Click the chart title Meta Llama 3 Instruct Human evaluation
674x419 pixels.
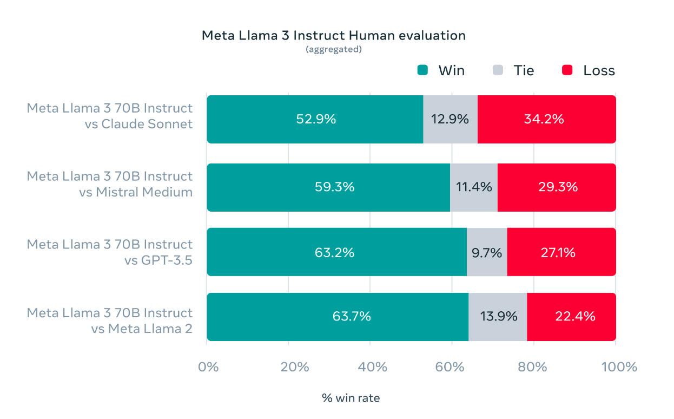pos(334,36)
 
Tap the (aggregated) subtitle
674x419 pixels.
pos(334,49)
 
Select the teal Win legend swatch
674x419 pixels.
pos(422,70)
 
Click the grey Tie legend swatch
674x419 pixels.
pos(498,70)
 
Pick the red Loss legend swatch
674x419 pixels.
pos(567,70)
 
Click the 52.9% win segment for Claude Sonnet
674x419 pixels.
pos(315,119)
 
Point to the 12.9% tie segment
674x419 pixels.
pos(451,119)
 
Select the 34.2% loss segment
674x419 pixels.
pos(547,119)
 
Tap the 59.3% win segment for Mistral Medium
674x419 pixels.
pos(328,187)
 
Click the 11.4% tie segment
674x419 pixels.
pos(474,187)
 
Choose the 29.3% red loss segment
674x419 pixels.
pos(557,187)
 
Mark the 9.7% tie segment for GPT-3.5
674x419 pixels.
pos(487,252)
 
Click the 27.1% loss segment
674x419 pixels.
pos(561,252)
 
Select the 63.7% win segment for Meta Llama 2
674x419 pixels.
pos(338,317)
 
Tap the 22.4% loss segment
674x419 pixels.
pos(572,317)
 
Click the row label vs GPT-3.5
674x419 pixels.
pos(158,260)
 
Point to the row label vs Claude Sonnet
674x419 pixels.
pos(138,124)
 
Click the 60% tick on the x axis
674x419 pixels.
pos(450,367)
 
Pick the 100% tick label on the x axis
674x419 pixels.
pos(619,367)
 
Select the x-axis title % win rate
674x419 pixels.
pos(351,398)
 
